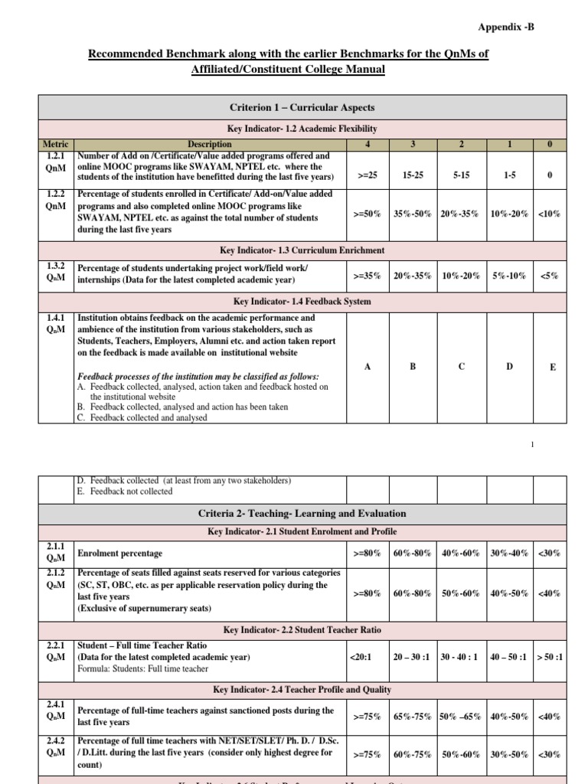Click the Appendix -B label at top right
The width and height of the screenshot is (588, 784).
[506, 27]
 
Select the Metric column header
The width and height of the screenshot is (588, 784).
[56, 143]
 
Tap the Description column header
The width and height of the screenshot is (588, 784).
[211, 143]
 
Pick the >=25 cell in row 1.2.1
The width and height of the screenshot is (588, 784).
[367, 175]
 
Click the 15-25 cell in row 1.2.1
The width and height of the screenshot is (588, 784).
[413, 175]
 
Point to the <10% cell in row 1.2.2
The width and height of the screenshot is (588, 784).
[549, 214]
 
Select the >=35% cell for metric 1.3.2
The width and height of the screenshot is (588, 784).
[367, 276]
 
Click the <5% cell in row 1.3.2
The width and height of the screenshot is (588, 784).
[549, 276]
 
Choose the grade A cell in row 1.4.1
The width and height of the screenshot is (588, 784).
[367, 367]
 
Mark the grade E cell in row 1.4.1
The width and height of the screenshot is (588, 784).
[553, 367]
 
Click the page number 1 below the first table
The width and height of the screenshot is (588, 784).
[531, 445]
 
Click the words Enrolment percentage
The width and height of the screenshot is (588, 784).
[120, 553]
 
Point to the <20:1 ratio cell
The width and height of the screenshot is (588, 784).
[361, 656]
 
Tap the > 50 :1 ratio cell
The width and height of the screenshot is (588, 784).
[549, 656]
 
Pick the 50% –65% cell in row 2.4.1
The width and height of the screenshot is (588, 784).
[461, 717]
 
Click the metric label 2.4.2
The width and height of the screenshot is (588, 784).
[56, 741]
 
